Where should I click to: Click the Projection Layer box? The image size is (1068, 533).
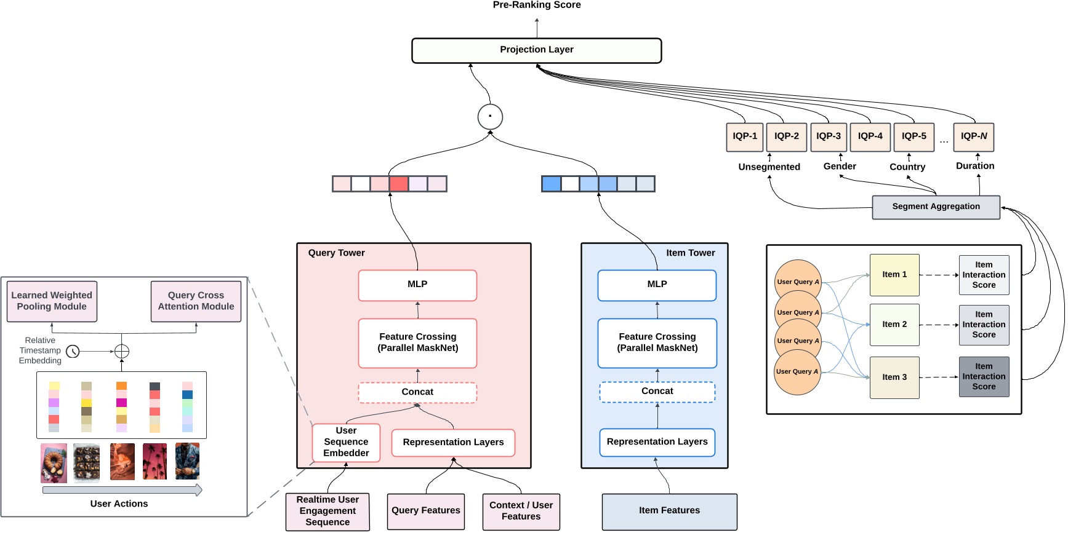(x=536, y=50)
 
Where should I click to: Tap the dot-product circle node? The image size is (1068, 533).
(x=490, y=117)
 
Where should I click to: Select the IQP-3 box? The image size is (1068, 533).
(x=828, y=136)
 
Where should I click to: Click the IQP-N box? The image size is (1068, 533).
(x=973, y=136)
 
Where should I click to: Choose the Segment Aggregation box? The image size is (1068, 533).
(x=936, y=207)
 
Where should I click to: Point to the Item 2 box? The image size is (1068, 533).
(x=894, y=325)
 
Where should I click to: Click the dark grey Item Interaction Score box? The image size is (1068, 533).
(x=984, y=376)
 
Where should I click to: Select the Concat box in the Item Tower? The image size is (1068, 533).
(x=657, y=392)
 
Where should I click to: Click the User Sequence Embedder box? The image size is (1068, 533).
(x=346, y=442)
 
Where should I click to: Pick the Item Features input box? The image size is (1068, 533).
(x=669, y=511)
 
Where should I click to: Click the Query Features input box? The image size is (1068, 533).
(x=425, y=511)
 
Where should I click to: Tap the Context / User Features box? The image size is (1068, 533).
(x=521, y=511)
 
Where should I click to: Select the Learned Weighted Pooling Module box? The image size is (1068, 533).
(x=52, y=301)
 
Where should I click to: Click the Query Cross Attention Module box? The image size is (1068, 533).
(x=196, y=301)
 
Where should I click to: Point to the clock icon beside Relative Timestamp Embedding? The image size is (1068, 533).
(x=73, y=352)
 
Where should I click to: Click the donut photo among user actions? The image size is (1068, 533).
(x=54, y=462)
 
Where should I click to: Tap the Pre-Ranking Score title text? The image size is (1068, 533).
(x=536, y=5)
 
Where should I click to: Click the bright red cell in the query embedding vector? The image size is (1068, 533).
(x=399, y=184)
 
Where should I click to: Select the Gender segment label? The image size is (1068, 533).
(x=840, y=167)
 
